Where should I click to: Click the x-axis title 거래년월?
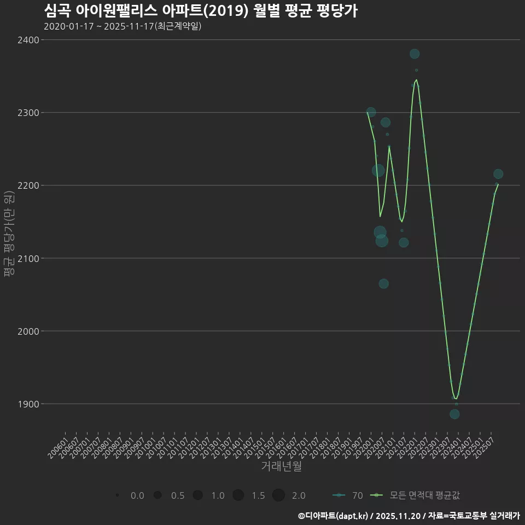(281, 466)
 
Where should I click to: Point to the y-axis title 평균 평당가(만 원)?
(8, 234)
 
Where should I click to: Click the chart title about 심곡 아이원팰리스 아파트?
(200, 10)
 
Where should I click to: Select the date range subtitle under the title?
(122, 26)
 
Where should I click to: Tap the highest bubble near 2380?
(415, 54)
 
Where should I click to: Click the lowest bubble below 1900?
(454, 414)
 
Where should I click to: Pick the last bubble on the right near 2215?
(498, 174)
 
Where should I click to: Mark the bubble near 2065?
(384, 283)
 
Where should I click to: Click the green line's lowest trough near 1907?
(455, 398)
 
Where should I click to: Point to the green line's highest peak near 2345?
(417, 80)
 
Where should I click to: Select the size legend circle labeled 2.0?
(278, 495)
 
